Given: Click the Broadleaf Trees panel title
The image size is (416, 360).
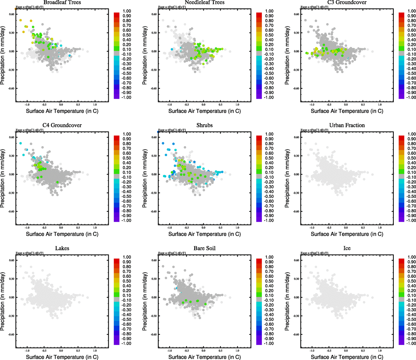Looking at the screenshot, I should (62, 2).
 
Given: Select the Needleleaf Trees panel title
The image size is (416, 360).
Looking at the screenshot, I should (204, 2).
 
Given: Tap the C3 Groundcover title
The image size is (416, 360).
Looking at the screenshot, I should (347, 2).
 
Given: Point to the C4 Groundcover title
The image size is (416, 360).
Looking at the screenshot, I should (62, 125).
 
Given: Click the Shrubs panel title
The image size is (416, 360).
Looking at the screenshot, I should (204, 125).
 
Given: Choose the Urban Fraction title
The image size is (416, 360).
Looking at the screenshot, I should (347, 125).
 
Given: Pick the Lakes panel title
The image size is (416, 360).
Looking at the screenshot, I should (62, 248).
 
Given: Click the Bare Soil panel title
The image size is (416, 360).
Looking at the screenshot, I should (204, 248).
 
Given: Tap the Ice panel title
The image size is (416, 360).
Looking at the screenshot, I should (347, 248).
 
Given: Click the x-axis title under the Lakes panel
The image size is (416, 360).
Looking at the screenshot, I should (62, 357).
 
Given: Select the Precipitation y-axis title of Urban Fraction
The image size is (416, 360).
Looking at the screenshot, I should (287, 178).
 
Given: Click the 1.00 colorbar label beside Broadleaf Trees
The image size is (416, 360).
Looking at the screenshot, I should (127, 11).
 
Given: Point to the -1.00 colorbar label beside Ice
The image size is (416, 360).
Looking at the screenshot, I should (412, 343).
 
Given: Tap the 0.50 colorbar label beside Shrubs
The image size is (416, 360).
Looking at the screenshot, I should (269, 158).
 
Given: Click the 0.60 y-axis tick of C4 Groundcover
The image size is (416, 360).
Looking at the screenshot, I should (11, 137).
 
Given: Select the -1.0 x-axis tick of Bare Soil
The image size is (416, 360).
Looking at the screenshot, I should (169, 350).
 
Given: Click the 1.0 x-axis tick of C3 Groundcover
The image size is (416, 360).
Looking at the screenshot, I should (380, 104).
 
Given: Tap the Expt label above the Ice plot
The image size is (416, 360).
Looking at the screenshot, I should (314, 253).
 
